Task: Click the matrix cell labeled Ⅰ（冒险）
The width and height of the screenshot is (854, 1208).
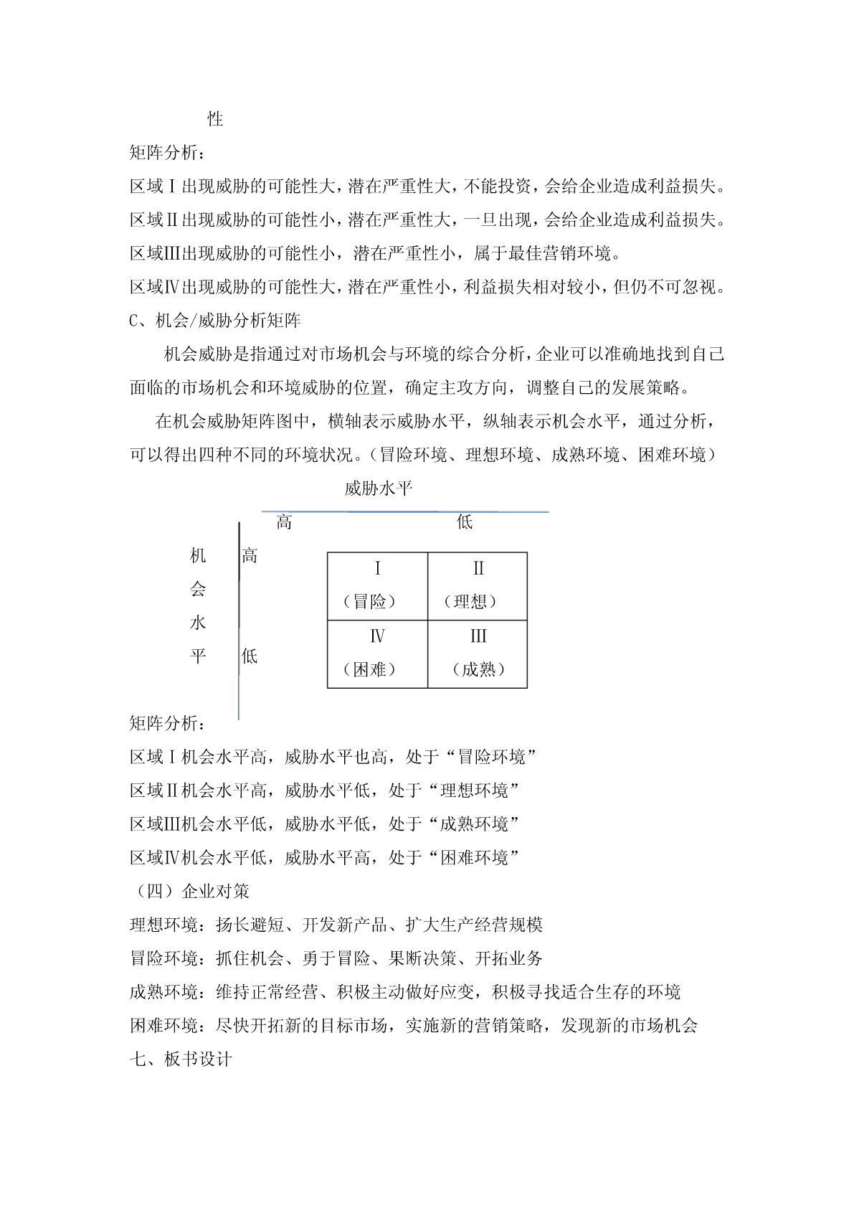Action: click(x=377, y=586)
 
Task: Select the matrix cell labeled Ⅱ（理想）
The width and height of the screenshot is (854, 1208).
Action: click(x=478, y=586)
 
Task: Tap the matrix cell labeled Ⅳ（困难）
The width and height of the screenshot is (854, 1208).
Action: click(x=377, y=653)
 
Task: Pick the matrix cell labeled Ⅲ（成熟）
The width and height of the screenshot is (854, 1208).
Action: click(x=478, y=653)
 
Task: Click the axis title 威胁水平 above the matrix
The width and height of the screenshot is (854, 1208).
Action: click(x=378, y=489)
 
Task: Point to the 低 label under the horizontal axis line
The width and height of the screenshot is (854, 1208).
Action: click(x=465, y=522)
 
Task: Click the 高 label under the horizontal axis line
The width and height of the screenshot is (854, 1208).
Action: click(x=284, y=522)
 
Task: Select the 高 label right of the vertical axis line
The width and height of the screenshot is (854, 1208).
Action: click(x=250, y=555)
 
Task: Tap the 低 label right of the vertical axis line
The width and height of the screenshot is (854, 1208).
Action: click(x=250, y=656)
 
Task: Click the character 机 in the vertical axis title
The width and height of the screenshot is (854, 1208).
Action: click(x=198, y=555)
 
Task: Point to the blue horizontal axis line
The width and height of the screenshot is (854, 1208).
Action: click(x=405, y=512)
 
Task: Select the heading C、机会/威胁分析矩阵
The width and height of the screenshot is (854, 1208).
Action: click(x=215, y=321)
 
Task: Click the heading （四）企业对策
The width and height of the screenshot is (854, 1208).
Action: click(x=189, y=891)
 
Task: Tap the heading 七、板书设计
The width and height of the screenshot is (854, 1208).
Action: click(x=181, y=1059)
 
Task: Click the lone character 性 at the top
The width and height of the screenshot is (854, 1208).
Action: click(x=215, y=119)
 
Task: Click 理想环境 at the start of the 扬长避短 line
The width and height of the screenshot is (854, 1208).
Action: click(x=163, y=925)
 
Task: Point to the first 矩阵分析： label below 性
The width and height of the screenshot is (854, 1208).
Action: click(x=168, y=153)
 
